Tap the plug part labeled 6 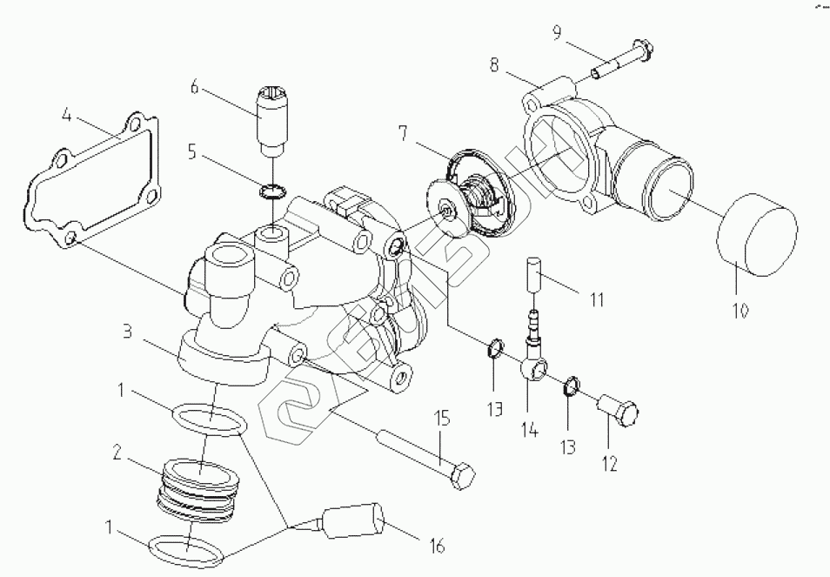[x=272, y=117]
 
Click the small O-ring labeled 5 [x=272, y=191]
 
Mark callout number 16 [x=437, y=546]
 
